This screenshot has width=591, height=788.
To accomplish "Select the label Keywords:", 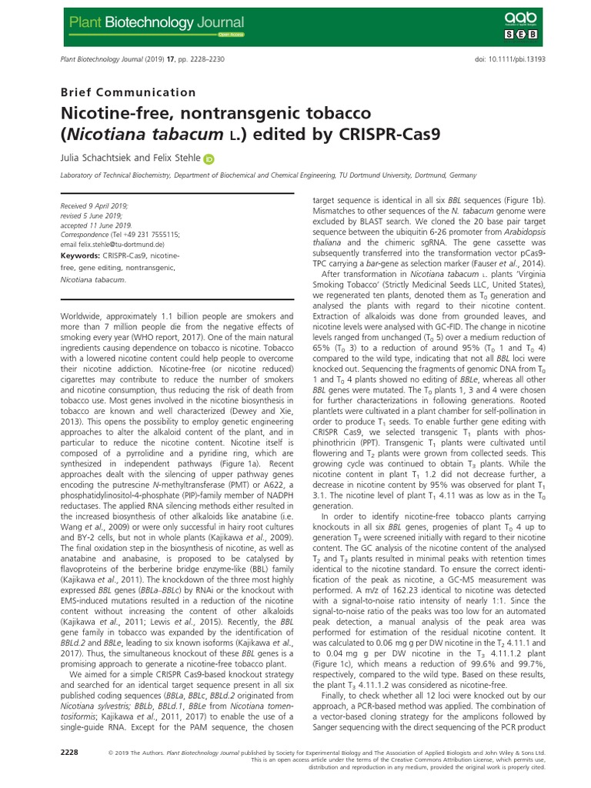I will point(81,254).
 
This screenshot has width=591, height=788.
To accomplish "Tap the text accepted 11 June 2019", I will point(87,224).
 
